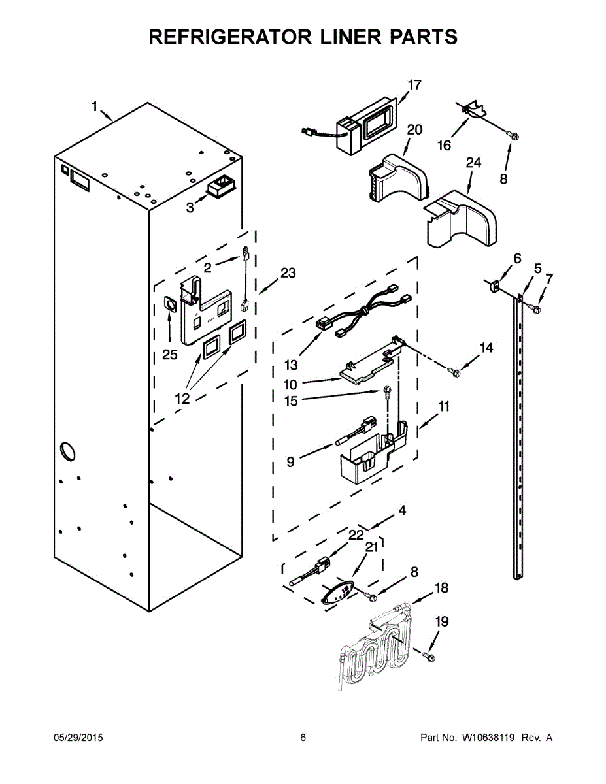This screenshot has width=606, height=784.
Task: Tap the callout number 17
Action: coord(415,84)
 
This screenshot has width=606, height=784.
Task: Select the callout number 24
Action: coord(473,163)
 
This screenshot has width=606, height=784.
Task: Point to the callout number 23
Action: coord(288,274)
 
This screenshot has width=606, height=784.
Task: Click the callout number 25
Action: coord(170,355)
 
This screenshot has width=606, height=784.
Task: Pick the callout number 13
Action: coord(291,365)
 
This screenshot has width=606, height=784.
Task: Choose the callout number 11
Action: coord(444,406)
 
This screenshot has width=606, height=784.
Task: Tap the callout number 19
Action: coord(442,621)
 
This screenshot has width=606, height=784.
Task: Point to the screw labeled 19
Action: coord(428,654)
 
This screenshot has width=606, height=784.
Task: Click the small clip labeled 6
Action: coord(495,284)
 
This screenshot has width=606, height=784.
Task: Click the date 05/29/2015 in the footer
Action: coord(78,738)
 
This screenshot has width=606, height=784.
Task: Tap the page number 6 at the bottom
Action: coord(303,738)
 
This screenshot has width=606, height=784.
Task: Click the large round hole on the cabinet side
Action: coord(67,451)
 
